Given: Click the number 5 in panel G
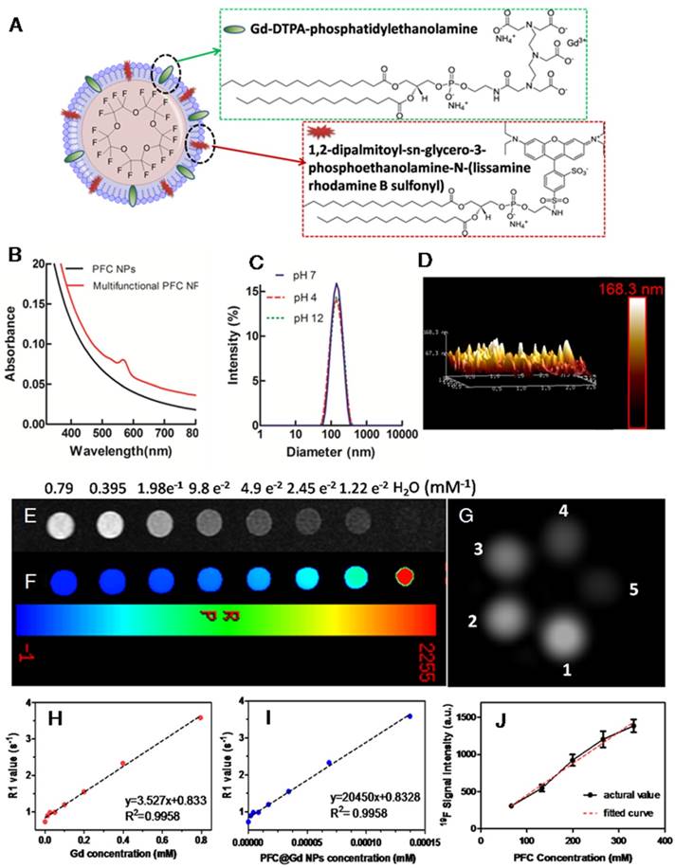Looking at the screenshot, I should click(x=634, y=589).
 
